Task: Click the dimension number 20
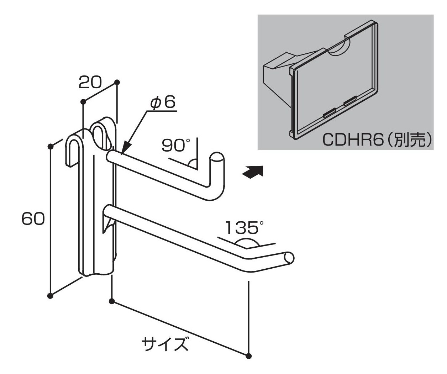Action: click(x=90, y=83)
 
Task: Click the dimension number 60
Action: click(x=33, y=218)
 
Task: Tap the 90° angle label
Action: click(x=176, y=145)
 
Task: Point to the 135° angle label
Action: click(x=244, y=228)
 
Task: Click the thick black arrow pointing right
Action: click(x=253, y=172)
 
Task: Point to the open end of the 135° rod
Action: click(x=289, y=258)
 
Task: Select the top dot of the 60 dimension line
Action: click(x=51, y=146)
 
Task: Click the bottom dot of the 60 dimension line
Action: click(x=50, y=296)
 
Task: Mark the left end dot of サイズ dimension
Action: click(x=111, y=302)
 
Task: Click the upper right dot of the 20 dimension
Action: click(x=117, y=82)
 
